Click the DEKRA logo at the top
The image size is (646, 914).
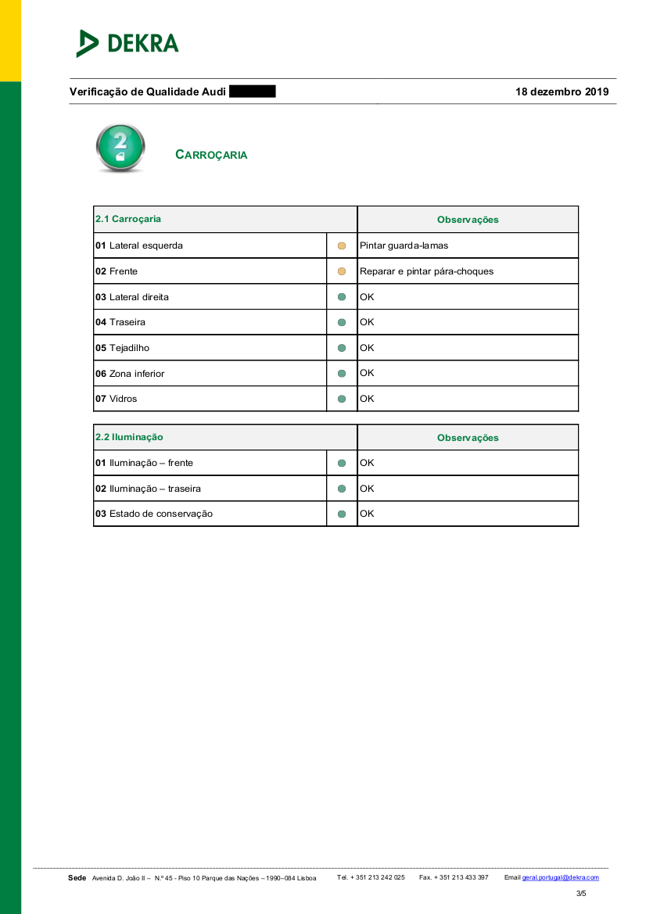coord(127,43)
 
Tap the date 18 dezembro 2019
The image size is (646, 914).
coord(562,91)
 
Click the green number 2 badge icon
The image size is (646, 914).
coord(120,148)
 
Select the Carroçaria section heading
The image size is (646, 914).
coord(211,155)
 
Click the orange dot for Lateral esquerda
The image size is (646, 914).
coord(342,246)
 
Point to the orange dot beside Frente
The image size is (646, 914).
coord(342,271)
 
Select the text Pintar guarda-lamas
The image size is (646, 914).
coord(404,246)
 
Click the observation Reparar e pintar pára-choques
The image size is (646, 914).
coord(426,271)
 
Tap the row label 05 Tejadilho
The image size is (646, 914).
coord(122,348)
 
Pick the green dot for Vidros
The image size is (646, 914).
coord(342,399)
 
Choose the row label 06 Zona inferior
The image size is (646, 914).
coord(130,374)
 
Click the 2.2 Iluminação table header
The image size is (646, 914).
coord(129,437)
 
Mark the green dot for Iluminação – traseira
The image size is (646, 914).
coord(342,489)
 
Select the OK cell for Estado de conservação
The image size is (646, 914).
coord(367,514)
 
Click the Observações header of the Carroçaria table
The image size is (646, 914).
coord(468,220)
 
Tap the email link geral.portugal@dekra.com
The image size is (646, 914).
coord(560,878)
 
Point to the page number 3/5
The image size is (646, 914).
coord(581,894)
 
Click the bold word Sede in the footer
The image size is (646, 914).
coord(77,878)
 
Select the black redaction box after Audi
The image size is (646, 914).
coord(252,91)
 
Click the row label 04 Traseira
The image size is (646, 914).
coord(120,322)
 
